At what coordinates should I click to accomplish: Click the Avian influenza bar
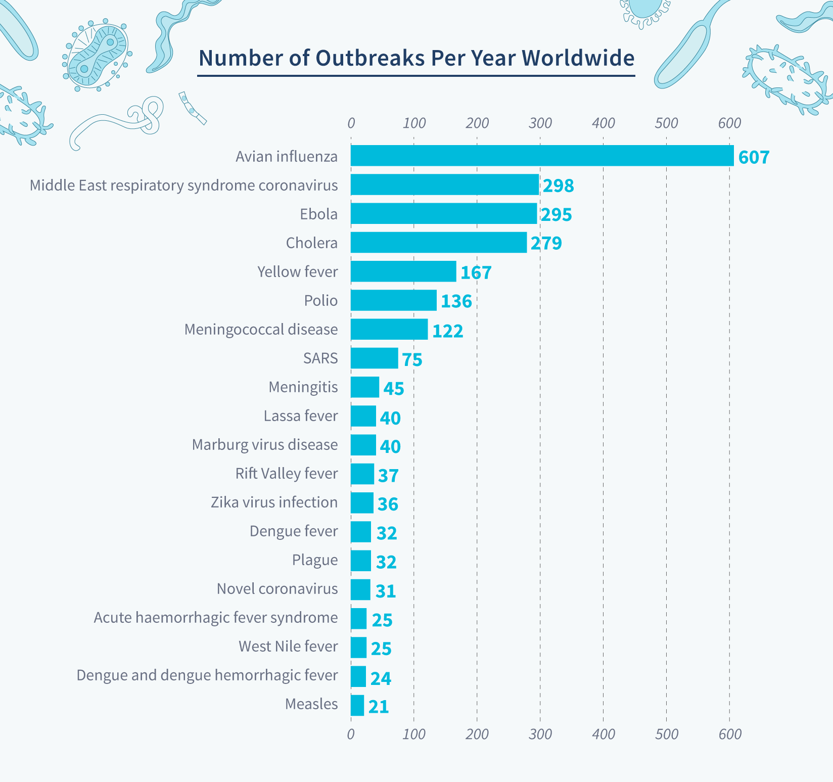tap(542, 156)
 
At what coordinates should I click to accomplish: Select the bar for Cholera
tap(438, 243)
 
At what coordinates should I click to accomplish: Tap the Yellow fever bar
tap(403, 271)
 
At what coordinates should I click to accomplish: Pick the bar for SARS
tap(374, 358)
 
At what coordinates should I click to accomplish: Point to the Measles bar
tap(357, 706)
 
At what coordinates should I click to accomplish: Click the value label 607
tap(754, 157)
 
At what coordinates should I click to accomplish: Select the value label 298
tap(559, 186)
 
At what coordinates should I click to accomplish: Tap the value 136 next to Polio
tap(456, 301)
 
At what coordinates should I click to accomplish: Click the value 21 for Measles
tap(379, 707)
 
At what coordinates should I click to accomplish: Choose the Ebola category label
tap(318, 214)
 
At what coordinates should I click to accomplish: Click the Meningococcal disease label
tap(261, 330)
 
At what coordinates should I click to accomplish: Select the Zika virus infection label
tap(274, 502)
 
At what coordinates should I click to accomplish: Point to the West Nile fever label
tap(288, 647)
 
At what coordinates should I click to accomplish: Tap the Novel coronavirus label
tap(277, 589)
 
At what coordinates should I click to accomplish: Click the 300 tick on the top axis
tap(540, 123)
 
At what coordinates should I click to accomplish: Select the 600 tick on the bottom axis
tap(729, 734)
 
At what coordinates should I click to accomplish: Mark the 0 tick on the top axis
tap(351, 123)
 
